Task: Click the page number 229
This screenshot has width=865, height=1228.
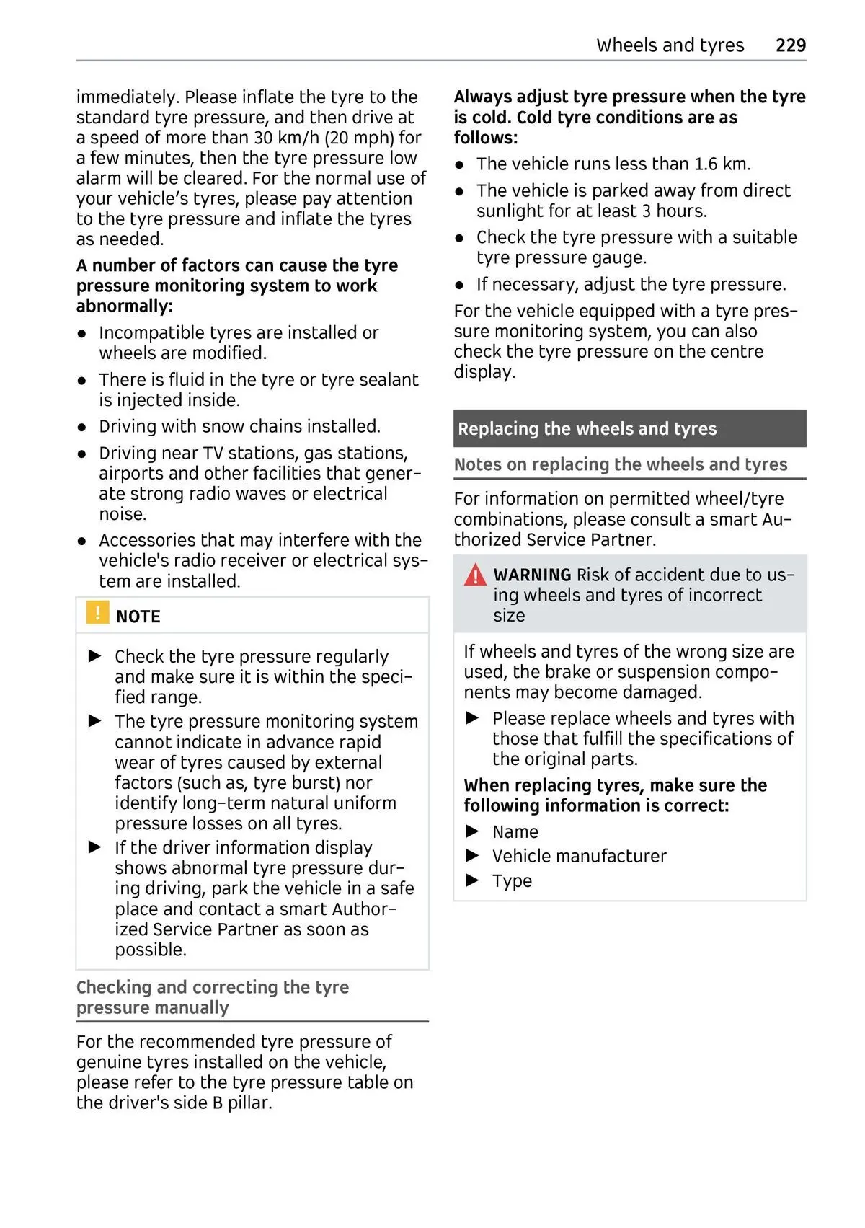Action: [790, 45]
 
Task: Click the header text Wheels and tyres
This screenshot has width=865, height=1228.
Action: [670, 45]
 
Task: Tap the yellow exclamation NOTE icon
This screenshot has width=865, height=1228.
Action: [97, 613]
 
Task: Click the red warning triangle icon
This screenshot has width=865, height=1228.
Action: [475, 575]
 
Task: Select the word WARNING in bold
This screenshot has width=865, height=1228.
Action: [532, 575]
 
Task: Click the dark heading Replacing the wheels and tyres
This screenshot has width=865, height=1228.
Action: [587, 429]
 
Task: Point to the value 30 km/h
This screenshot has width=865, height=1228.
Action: [287, 138]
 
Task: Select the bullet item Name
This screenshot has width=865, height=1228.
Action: [515, 832]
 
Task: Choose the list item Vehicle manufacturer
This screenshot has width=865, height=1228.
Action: [579, 857]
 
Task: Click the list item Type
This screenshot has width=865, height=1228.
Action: [512, 881]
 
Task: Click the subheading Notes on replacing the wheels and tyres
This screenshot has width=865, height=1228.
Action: [620, 465]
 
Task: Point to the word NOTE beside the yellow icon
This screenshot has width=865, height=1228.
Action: [138, 617]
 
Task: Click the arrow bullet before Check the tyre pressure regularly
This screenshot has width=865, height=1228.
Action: [95, 656]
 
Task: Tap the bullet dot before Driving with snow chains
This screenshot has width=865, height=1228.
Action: [82, 428]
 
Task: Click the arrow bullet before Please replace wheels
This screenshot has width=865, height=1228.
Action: [473, 718]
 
